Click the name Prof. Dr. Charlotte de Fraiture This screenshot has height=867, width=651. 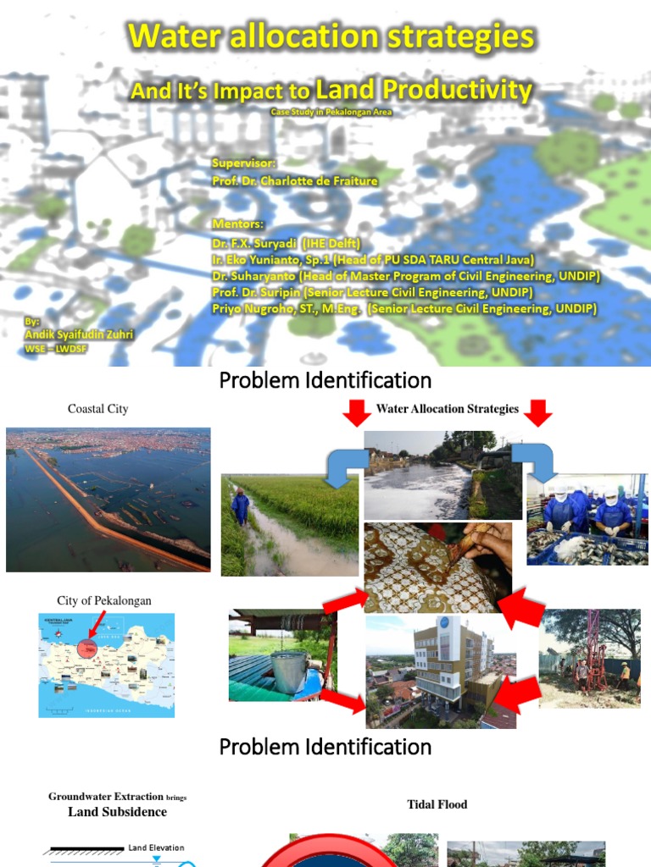click(x=295, y=180)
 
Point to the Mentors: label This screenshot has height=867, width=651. click(x=238, y=224)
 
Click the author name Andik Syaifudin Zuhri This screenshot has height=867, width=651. click(x=79, y=334)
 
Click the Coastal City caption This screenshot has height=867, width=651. click(x=98, y=409)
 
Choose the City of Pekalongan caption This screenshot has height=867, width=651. click(x=104, y=600)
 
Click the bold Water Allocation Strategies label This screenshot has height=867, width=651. click(x=448, y=409)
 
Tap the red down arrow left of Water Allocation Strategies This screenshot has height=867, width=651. click(x=357, y=412)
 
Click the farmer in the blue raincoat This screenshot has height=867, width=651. click(x=241, y=508)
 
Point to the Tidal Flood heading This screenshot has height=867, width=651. click(x=437, y=804)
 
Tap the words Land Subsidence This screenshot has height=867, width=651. click(x=118, y=812)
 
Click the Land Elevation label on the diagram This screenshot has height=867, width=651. click(x=156, y=848)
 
